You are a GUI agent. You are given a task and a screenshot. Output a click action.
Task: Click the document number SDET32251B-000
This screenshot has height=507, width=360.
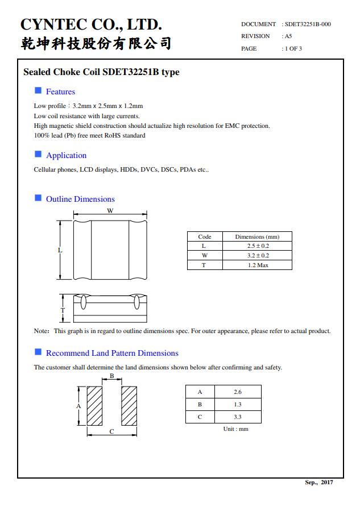click(308, 24)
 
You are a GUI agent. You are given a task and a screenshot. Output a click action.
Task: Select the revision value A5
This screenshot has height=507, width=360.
click(288, 36)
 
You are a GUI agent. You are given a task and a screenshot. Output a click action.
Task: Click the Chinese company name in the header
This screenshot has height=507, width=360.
click(96, 43)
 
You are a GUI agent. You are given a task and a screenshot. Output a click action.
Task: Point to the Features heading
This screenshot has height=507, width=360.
click(60, 92)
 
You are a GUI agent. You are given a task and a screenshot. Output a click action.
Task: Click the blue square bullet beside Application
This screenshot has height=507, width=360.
click(38, 154)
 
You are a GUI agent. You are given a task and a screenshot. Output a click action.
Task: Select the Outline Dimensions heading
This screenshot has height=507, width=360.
click(80, 199)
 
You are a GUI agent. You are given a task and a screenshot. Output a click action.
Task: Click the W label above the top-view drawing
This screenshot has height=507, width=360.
click(110, 211)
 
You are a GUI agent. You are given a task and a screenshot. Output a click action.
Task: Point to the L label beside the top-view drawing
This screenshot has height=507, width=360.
click(60, 250)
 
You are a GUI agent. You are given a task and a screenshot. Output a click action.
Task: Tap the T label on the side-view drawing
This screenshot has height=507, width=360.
click(63, 310)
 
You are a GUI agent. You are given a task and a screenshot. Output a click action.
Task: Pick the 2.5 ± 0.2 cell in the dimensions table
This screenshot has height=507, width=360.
click(258, 246)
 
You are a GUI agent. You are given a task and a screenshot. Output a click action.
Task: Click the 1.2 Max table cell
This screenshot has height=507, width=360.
click(258, 265)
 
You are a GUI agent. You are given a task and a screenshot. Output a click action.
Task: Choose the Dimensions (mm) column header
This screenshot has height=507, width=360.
click(258, 236)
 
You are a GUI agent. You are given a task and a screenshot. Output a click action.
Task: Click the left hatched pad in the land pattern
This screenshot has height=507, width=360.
click(94, 406)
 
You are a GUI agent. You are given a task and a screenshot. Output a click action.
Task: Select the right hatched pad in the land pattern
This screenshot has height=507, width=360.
click(129, 406)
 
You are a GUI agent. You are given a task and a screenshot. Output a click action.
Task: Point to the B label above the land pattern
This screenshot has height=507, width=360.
click(111, 376)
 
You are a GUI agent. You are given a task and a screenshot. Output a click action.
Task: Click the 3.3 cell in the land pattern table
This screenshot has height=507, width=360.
click(237, 417)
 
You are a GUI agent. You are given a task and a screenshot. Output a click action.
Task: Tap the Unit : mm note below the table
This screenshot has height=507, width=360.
click(235, 429)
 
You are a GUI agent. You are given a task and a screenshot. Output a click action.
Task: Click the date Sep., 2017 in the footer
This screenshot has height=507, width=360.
click(319, 483)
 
